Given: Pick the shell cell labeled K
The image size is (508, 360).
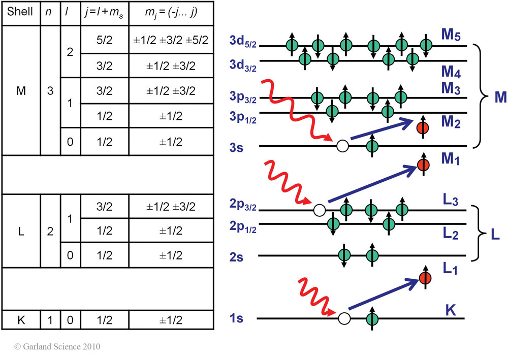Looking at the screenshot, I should (x=20, y=320).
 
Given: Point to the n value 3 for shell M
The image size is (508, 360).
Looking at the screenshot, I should (x=50, y=91).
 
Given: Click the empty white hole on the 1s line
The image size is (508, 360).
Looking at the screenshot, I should (x=344, y=318).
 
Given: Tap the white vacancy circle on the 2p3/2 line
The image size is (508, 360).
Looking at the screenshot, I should (x=319, y=209).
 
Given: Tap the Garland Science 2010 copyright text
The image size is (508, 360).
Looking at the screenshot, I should (x=57, y=347).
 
